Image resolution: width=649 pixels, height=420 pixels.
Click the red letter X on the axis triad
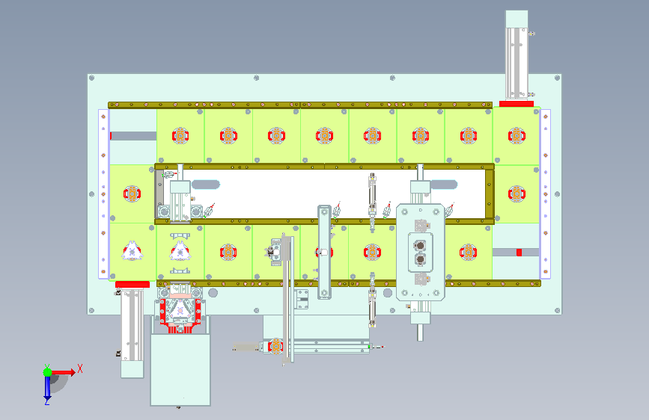(x=80, y=368)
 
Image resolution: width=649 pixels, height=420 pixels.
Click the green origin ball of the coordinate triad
(x=48, y=372)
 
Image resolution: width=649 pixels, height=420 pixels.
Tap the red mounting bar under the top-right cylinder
(x=517, y=104)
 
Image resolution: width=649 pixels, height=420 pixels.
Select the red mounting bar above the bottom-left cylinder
(x=132, y=284)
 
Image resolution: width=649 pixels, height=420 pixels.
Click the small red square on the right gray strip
(x=519, y=252)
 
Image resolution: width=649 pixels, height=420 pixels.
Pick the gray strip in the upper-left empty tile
(x=133, y=136)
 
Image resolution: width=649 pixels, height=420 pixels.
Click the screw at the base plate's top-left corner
(x=92, y=78)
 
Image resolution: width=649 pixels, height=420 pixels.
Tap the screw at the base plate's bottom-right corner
(x=558, y=310)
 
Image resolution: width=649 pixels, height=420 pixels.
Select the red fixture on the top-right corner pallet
(x=517, y=135)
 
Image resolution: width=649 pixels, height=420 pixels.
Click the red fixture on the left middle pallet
(x=132, y=194)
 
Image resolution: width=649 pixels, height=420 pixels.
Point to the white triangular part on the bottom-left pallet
(x=132, y=251)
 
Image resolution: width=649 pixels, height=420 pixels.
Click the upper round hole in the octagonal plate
(x=420, y=246)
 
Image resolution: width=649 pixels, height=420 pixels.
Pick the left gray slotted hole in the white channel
(x=206, y=185)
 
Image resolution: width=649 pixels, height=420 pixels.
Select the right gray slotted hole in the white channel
(x=443, y=185)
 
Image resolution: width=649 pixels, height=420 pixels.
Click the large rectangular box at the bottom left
(x=180, y=370)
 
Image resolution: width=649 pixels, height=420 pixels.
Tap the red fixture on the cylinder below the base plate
(x=275, y=346)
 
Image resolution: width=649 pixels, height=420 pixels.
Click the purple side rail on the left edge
(x=103, y=194)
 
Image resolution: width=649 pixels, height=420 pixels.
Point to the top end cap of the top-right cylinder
(x=517, y=19)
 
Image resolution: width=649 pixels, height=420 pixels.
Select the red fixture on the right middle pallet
(x=517, y=194)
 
